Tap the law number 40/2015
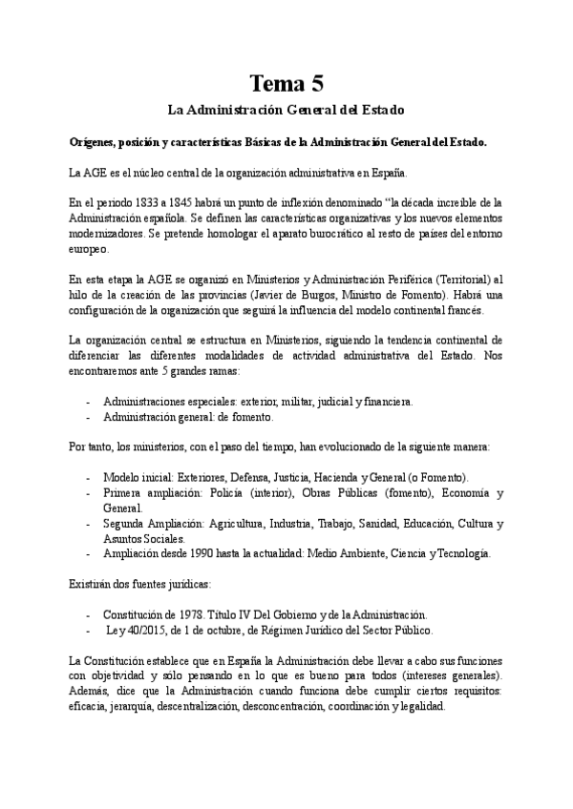pyautogui.click(x=153, y=630)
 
